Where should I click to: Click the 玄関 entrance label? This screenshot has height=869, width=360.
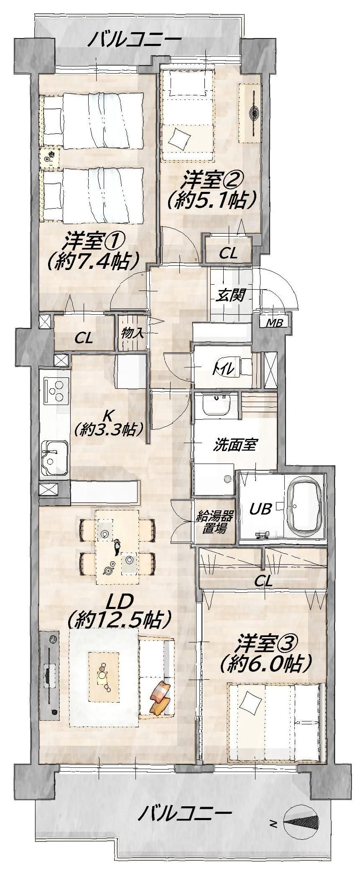(x=230, y=296)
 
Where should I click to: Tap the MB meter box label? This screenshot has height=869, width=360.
(x=274, y=323)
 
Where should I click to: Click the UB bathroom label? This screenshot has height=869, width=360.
(x=261, y=509)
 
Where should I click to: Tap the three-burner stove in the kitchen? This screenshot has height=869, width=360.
(x=56, y=390)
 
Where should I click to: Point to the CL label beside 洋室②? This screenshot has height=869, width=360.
(x=228, y=253)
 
